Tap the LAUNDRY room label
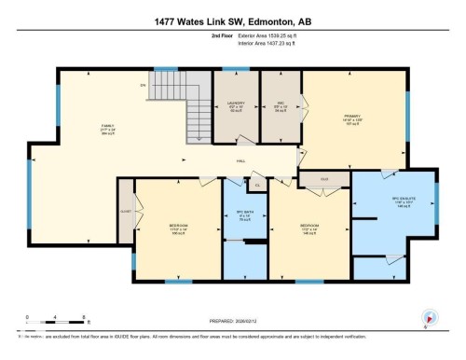(236, 104)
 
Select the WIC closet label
(281, 104)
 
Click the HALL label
(240, 161)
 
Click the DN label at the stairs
(144, 85)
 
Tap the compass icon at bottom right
(429, 317)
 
